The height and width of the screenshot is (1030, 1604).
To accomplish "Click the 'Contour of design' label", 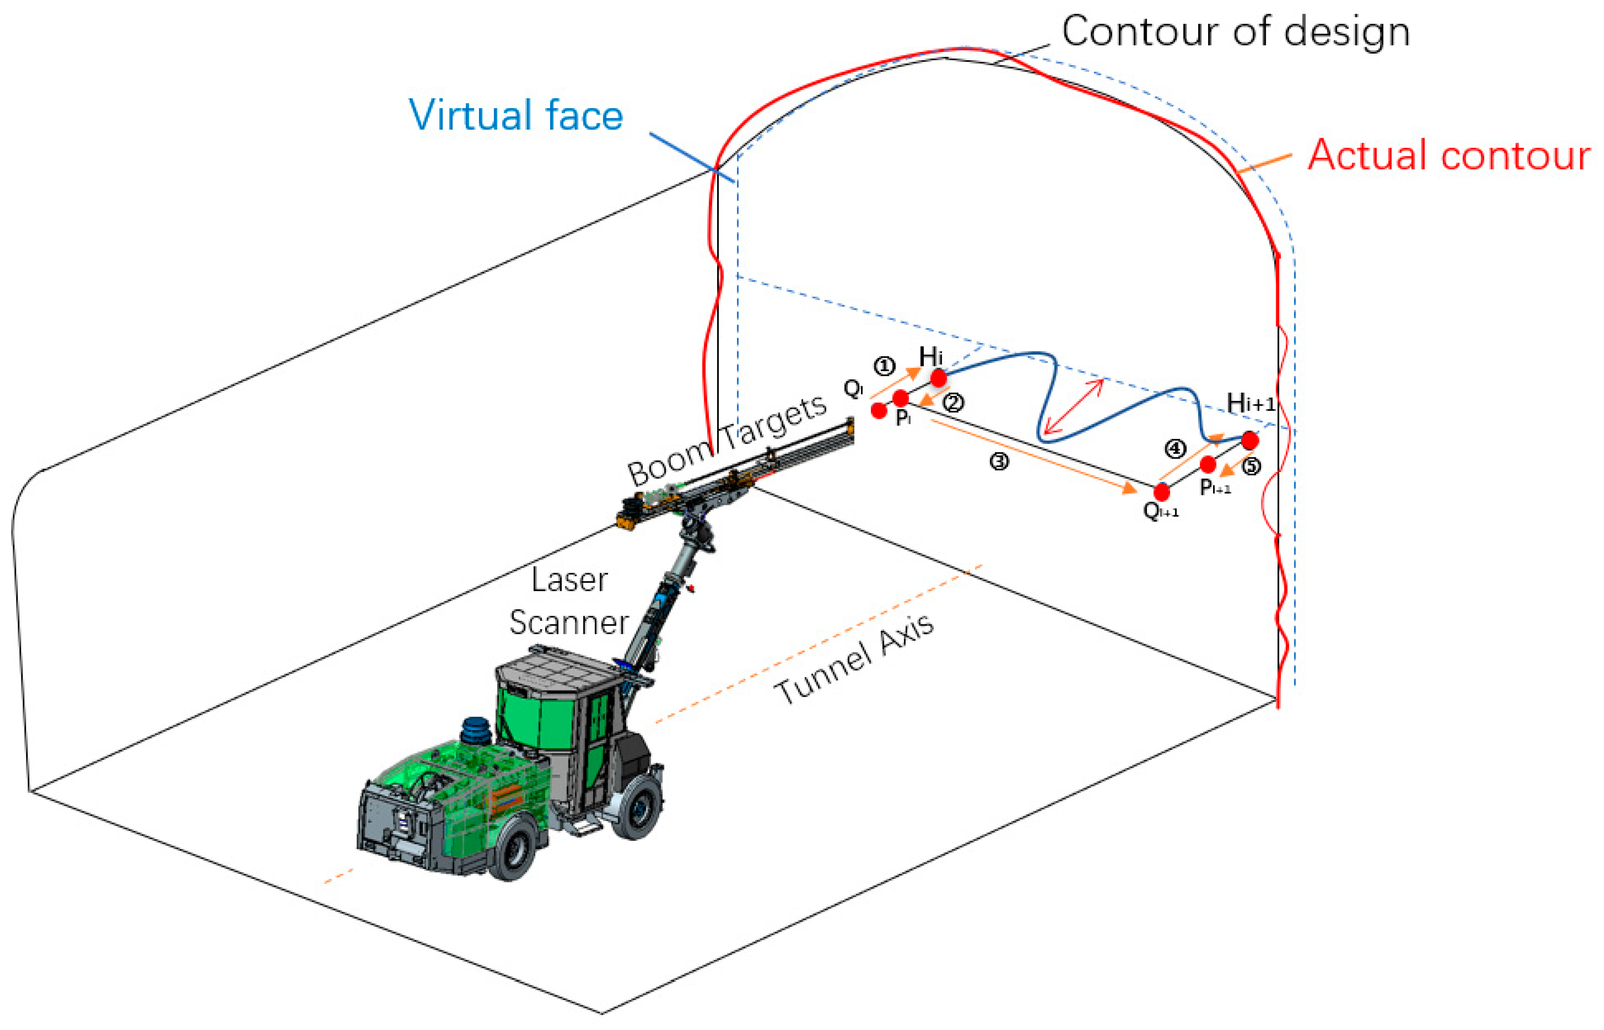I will pos(1235,32).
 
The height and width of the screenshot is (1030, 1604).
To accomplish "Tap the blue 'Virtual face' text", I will pos(516,115).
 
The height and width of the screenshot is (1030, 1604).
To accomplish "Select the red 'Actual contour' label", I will pos(1448,156).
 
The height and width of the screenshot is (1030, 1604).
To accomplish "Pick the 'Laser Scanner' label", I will pos(569,601).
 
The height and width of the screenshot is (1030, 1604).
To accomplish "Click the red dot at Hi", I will pos(938,378).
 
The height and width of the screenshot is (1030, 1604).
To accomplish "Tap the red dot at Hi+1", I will pos(1249,440).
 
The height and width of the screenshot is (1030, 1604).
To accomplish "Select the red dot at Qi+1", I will pos(1162,492).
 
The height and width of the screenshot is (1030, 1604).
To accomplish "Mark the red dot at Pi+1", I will pos(1207,464).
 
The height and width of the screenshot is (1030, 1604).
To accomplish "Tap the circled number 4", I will pos(1175,449).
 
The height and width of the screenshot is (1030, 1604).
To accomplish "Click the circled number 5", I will pos(1251,466).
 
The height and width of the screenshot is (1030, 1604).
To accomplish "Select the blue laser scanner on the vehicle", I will pos(476,731).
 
